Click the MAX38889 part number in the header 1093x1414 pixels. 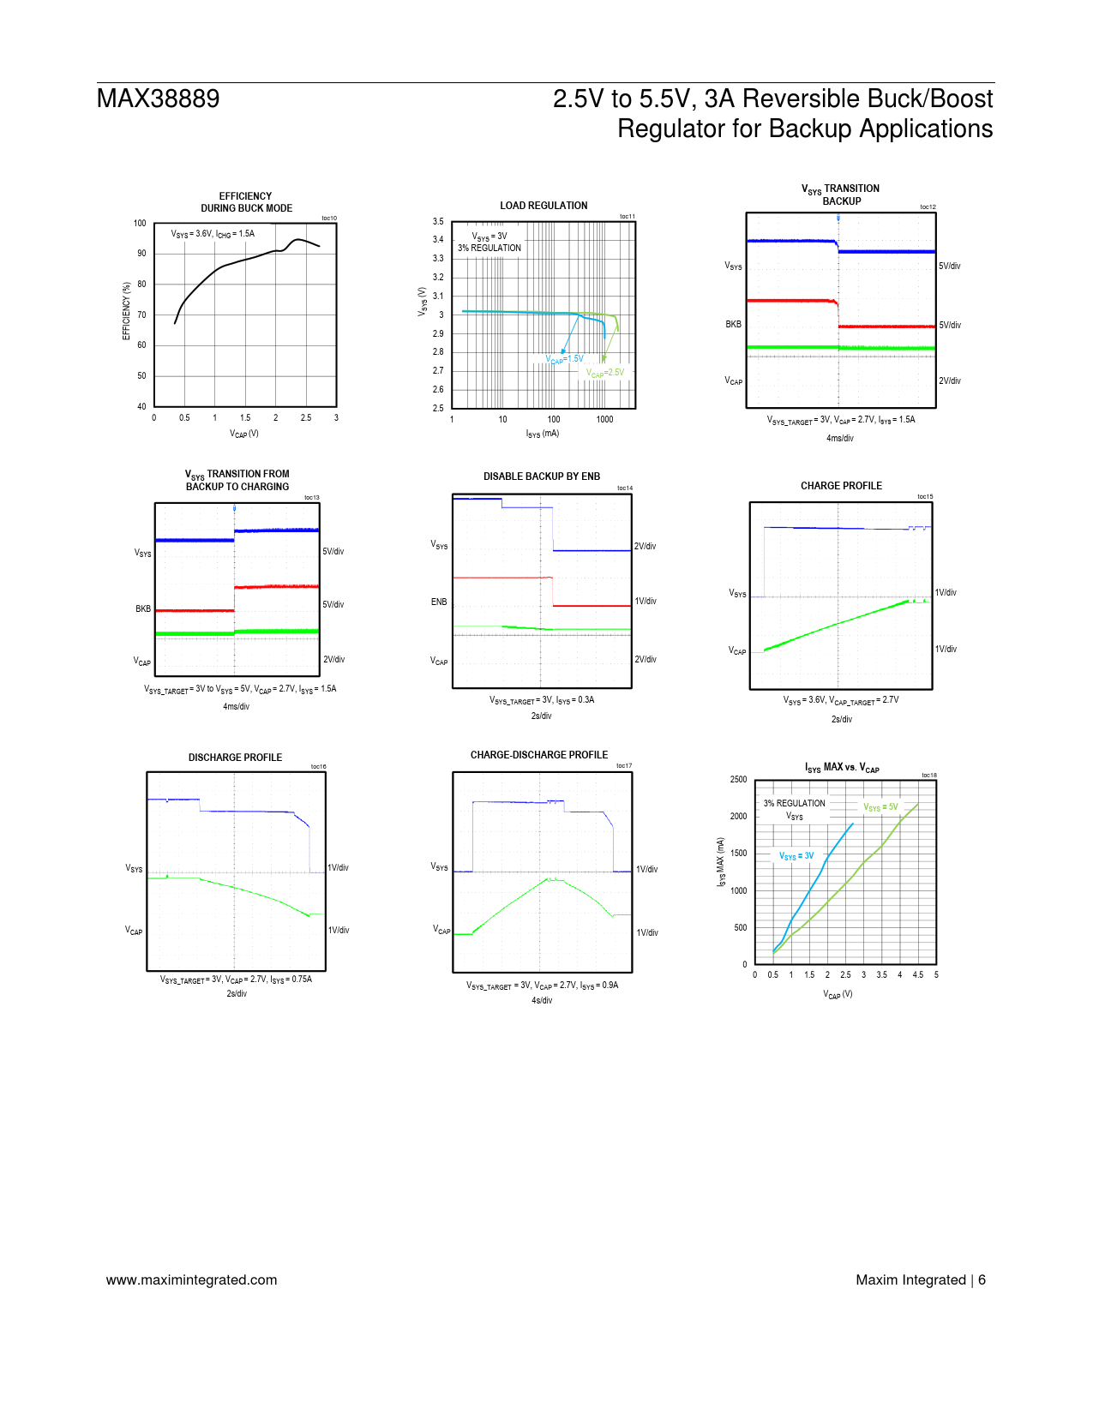coord(158,99)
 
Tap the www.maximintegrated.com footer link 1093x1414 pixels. coord(191,1279)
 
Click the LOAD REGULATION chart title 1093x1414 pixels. coord(543,206)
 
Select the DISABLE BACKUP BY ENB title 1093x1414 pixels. coord(542,476)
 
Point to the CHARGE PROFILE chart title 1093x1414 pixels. coord(841,486)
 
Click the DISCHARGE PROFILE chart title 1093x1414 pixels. coord(235,758)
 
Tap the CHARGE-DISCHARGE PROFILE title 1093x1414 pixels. coord(539,755)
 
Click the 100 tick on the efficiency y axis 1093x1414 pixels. coord(140,224)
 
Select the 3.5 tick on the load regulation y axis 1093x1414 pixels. coord(438,222)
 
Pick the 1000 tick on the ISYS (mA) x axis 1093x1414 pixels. coord(604,420)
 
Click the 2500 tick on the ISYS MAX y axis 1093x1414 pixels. coord(738,780)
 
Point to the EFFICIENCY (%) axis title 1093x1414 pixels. coord(127,311)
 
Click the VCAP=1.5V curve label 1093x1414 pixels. coord(565,359)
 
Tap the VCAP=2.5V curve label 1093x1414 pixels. coord(605,373)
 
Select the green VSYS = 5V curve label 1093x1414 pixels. coord(880,807)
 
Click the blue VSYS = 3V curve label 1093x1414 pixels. coord(796,856)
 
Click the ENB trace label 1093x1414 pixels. coord(439,602)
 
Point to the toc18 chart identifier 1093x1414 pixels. coord(929,776)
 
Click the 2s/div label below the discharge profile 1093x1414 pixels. coord(237,994)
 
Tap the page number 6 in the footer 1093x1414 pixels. coord(982,1279)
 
